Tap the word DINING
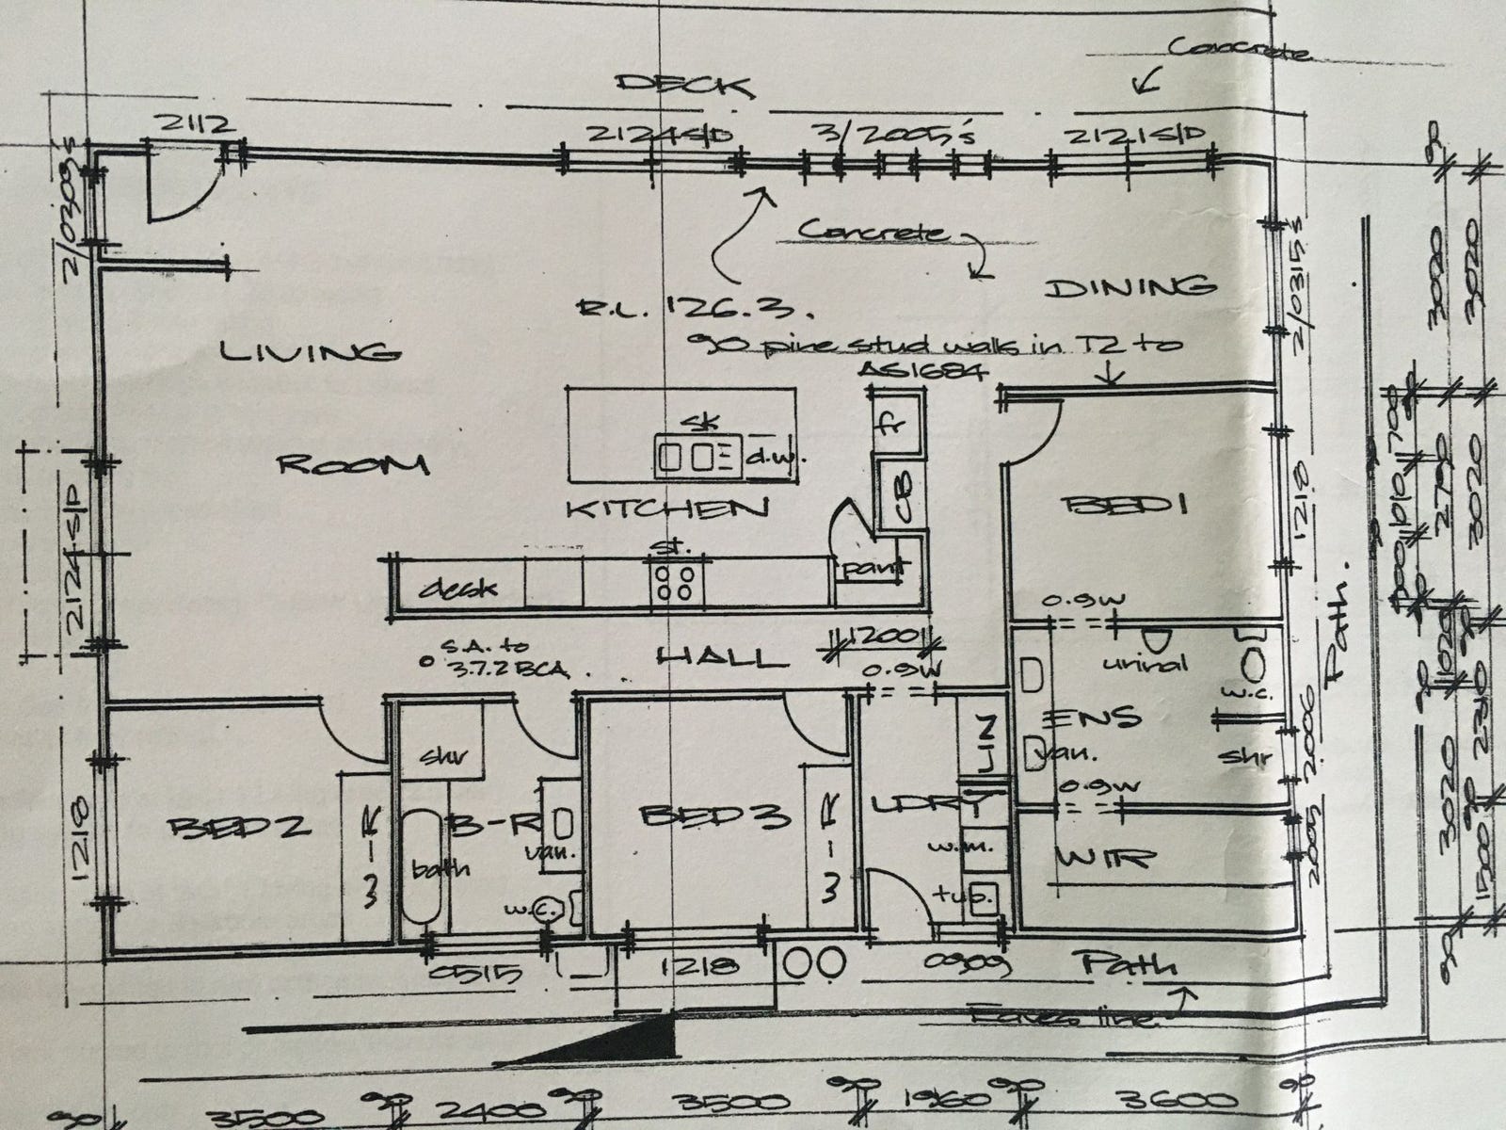1128,286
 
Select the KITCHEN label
666,508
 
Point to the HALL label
722,656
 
